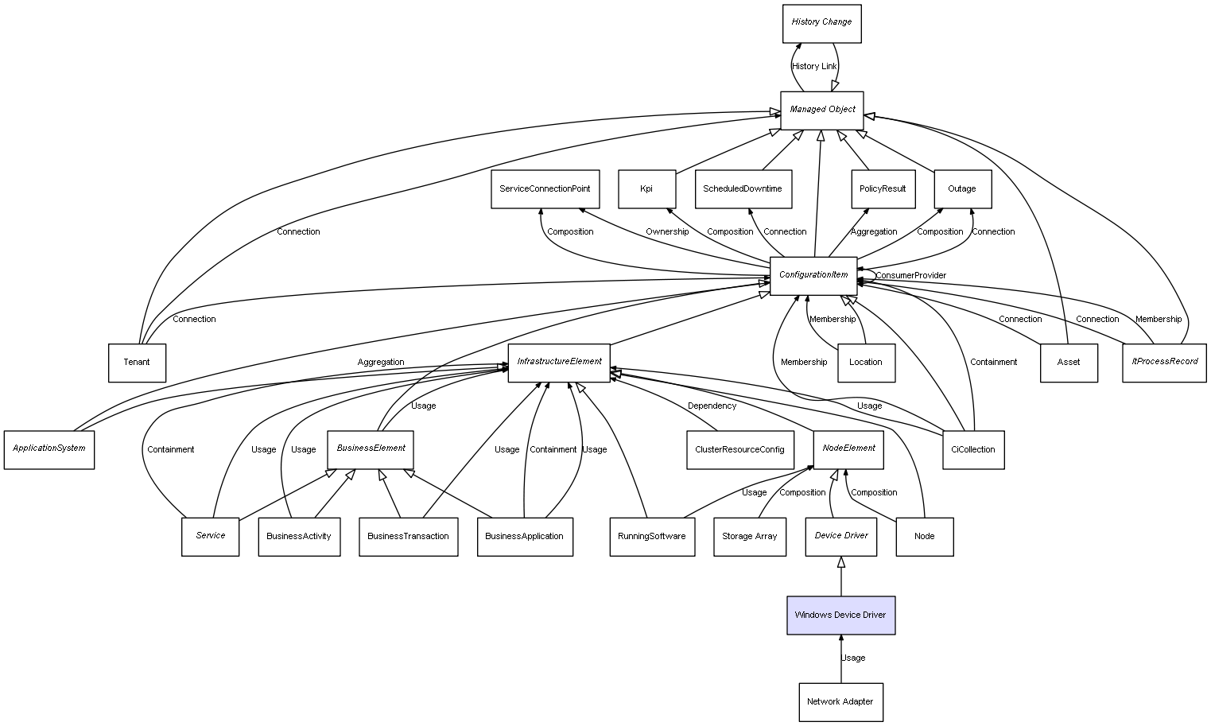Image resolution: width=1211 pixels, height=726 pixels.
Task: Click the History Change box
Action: click(821, 23)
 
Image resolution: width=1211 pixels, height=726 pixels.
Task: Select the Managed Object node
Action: click(821, 110)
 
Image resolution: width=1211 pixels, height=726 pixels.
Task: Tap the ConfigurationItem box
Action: click(813, 275)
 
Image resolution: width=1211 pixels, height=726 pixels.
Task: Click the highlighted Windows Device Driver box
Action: click(840, 615)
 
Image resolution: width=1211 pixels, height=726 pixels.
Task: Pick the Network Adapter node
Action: click(840, 702)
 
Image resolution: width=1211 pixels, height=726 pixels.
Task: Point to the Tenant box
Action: click(137, 363)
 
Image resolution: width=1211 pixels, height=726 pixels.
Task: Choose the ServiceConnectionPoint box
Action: click(545, 189)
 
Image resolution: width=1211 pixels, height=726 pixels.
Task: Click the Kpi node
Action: click(646, 189)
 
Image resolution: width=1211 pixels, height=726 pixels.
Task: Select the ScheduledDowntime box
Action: click(743, 189)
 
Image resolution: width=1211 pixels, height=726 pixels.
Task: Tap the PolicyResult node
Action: click(883, 189)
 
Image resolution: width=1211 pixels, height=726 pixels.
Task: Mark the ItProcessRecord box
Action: click(1164, 362)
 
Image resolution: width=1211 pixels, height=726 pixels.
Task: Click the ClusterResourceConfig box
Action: click(739, 449)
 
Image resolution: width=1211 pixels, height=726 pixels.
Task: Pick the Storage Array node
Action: click(749, 537)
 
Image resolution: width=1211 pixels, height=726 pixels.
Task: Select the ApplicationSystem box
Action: click(49, 449)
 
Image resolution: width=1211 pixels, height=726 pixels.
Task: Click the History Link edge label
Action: click(814, 67)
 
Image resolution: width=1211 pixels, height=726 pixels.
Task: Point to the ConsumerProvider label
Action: click(911, 276)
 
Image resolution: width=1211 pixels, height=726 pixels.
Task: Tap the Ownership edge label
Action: click(667, 232)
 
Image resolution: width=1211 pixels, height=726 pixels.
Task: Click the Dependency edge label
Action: click(712, 406)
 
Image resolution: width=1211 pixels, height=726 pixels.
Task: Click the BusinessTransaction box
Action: click(408, 537)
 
